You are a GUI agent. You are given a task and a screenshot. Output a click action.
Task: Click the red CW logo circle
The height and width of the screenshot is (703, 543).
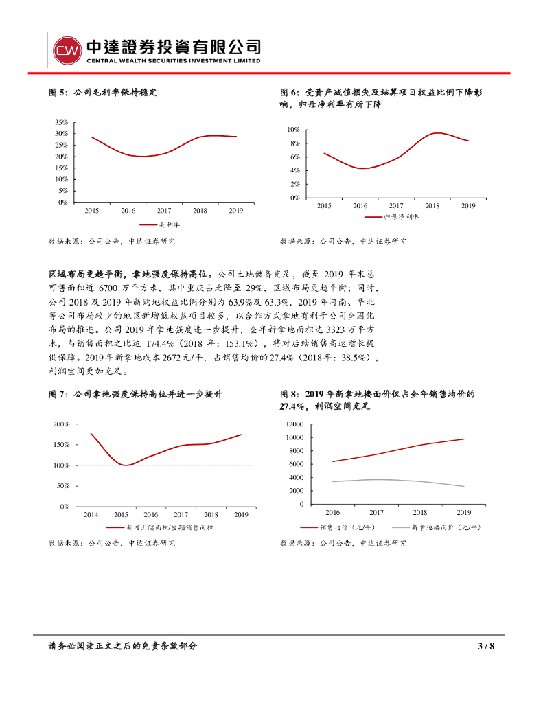(67, 50)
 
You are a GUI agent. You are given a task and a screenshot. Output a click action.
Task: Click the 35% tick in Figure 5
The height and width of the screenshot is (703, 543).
(62, 122)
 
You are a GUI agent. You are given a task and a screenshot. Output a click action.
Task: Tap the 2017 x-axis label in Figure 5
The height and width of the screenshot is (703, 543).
(164, 211)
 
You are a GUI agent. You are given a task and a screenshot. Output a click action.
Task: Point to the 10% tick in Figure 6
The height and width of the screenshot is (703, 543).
(294, 130)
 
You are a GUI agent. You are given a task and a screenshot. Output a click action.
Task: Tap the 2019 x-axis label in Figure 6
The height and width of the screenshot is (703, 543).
(468, 205)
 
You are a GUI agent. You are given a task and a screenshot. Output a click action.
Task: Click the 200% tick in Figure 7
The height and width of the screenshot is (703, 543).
(60, 424)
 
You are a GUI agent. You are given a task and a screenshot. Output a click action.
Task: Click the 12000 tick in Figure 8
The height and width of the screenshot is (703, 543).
(292, 424)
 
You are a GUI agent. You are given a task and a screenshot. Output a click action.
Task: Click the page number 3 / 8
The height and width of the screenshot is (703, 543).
(486, 646)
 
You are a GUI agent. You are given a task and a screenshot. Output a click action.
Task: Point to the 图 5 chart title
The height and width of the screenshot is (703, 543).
(103, 92)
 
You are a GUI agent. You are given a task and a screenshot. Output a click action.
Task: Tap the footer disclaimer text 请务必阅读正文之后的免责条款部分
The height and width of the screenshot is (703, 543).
(123, 646)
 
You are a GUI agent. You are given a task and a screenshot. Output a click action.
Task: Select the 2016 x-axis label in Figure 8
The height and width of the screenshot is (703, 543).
(332, 512)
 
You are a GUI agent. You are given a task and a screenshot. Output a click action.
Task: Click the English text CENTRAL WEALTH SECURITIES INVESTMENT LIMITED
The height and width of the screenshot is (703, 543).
(173, 61)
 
